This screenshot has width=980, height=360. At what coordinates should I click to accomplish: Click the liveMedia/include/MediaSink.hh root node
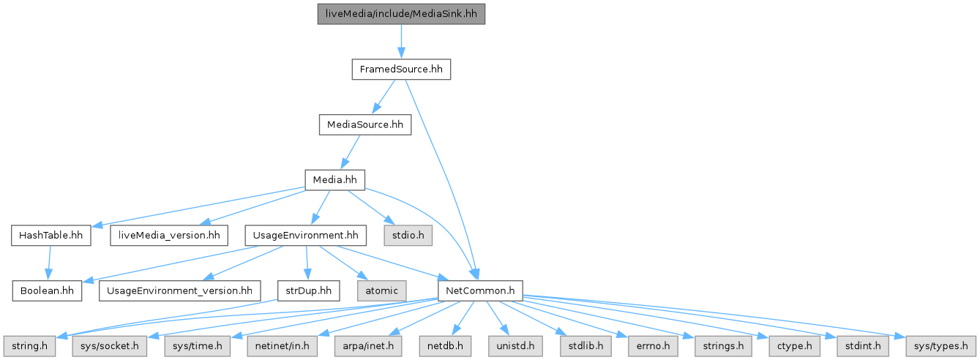pos(401,14)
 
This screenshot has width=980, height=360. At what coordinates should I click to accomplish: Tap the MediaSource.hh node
pos(364,124)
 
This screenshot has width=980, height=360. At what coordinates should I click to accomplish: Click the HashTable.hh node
pos(51,236)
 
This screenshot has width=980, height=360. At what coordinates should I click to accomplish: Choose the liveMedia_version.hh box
pos(168,236)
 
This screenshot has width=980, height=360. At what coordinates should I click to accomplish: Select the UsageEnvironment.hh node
pos(305,236)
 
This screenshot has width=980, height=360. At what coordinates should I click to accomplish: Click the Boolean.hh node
pos(47,290)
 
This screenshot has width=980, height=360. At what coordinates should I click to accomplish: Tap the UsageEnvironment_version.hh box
pos(179,290)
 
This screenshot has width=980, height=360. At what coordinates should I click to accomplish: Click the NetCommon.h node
pos(479,290)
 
